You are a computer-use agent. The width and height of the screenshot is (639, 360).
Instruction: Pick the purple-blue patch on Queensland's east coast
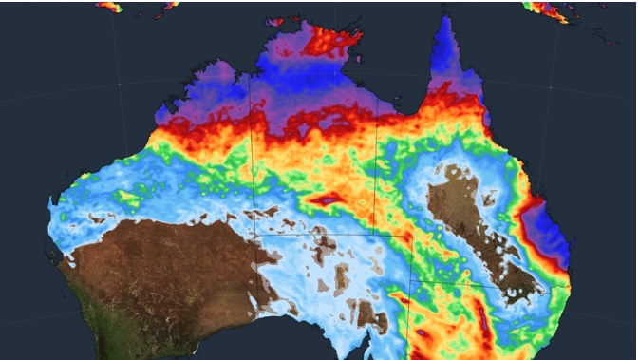point(549,233)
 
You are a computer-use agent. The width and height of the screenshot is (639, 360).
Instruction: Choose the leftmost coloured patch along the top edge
point(110,5)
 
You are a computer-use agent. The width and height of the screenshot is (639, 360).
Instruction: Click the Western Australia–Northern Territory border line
point(253,152)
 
